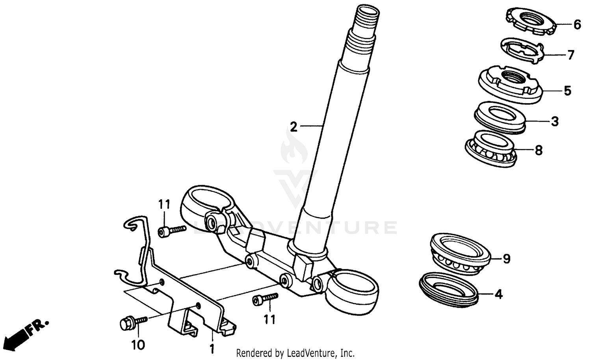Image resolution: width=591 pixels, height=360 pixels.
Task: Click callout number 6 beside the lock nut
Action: click(577, 25)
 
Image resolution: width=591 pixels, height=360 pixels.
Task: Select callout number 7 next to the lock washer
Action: click(571, 55)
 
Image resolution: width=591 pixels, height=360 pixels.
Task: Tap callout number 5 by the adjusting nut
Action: click(567, 91)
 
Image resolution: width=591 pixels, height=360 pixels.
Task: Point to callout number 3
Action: click(555, 121)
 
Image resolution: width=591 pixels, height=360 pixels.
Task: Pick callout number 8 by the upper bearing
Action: click(539, 150)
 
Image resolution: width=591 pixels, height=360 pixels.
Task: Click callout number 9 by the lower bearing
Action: click(507, 259)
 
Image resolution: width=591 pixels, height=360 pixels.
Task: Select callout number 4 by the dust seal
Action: click(499, 294)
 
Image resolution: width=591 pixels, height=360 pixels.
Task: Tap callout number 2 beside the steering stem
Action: click(293, 127)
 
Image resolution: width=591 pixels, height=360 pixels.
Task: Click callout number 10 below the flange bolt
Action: click(138, 345)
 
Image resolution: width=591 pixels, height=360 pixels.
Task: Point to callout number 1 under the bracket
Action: click(212, 349)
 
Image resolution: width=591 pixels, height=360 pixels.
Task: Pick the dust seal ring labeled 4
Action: click(450, 288)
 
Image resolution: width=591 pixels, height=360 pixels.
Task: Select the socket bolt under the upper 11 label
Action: click(172, 230)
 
